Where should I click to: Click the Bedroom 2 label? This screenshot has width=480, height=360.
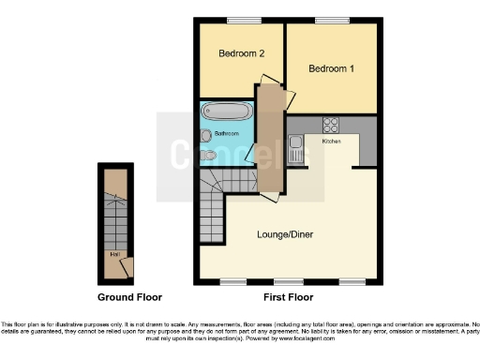pyautogui.click(x=240, y=54)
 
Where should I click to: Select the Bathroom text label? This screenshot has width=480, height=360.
pyautogui.click(x=227, y=134)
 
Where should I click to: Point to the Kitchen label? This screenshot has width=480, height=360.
pyautogui.click(x=332, y=141)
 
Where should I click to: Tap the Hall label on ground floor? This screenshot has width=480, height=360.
pyautogui.click(x=113, y=253)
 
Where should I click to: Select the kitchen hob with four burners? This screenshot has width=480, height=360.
pyautogui.click(x=331, y=124)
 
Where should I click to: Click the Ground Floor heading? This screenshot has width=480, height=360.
pyautogui.click(x=130, y=297)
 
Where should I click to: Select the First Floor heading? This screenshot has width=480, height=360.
pyautogui.click(x=287, y=297)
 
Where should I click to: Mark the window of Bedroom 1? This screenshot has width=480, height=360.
pyautogui.click(x=332, y=20)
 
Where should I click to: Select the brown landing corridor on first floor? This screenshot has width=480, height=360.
pyautogui.click(x=272, y=141)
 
